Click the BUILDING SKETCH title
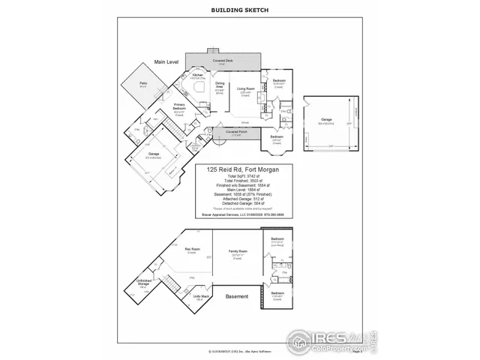click(240, 10)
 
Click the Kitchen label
click(198, 75)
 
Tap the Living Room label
click(246, 90)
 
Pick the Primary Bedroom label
click(180, 106)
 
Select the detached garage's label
click(326, 118)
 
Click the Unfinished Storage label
click(145, 283)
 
